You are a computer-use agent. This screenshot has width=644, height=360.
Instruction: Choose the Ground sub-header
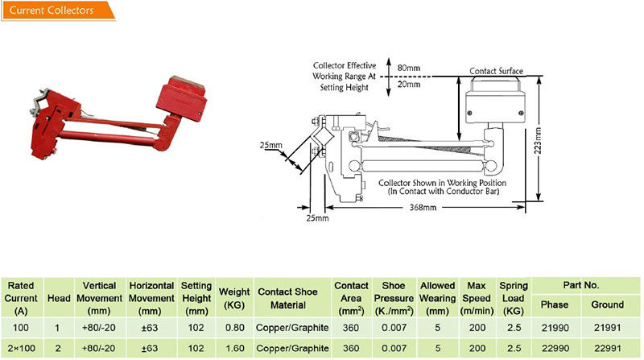coord(607,304)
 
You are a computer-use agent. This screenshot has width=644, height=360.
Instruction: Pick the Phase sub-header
coord(554,304)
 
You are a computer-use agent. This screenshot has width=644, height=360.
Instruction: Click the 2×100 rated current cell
coord(22,348)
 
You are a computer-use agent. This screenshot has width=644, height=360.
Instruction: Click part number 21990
coord(554,328)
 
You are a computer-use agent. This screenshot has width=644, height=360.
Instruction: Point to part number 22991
coord(607,348)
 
